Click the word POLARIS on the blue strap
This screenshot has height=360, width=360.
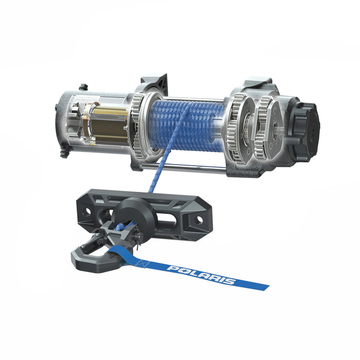(201, 275)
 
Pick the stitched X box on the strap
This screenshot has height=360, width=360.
(142, 263)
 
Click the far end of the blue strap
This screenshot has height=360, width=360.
(263, 285)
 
